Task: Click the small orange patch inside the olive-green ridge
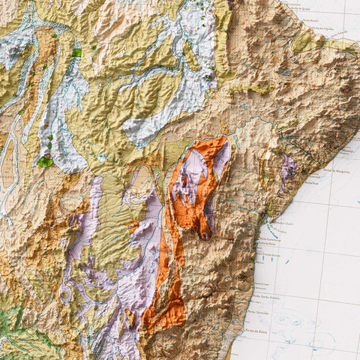[x=133, y=225]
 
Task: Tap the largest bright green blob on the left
[x=45, y=161]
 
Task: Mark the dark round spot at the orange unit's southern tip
[x=206, y=235]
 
